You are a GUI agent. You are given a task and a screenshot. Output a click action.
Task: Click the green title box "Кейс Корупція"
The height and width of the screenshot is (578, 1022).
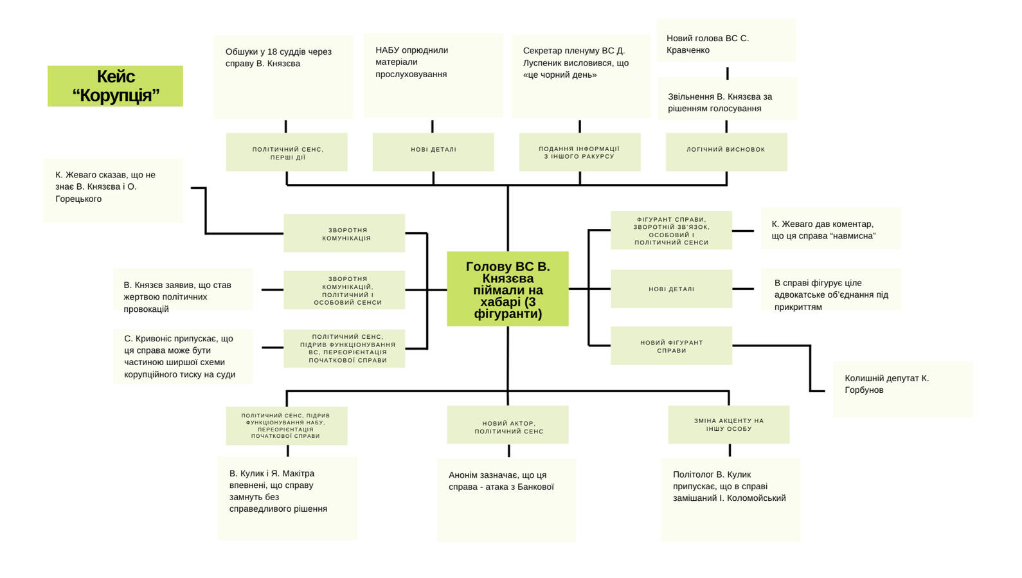point(115,86)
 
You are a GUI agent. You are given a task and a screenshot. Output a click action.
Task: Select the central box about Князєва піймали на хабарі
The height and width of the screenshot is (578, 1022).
point(507,289)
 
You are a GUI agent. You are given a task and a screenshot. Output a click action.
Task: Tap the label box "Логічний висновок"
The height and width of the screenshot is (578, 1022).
point(726,152)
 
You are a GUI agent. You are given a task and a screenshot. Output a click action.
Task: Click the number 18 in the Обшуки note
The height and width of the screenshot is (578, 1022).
point(273,52)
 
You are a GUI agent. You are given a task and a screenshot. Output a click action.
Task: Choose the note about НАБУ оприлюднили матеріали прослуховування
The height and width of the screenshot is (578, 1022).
point(433,75)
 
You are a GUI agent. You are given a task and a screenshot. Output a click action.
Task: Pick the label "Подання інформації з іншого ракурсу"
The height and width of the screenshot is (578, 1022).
point(579,152)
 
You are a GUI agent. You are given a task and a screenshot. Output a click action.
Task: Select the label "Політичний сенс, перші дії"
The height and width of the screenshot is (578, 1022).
point(287,152)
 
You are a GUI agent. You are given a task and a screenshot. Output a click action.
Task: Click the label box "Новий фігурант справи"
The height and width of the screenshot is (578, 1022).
point(671,346)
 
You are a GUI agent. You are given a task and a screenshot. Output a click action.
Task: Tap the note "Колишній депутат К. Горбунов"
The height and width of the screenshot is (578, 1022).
point(902,389)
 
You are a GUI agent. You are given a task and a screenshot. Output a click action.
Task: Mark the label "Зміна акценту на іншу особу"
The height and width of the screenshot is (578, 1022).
point(728,424)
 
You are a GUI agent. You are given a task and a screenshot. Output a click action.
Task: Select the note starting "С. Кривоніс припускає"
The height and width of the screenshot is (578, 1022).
point(183,356)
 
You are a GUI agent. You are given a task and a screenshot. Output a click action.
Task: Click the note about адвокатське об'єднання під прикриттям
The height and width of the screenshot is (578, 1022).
point(831,290)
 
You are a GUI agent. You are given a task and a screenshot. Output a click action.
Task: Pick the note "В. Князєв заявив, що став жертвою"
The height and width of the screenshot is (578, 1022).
point(183,290)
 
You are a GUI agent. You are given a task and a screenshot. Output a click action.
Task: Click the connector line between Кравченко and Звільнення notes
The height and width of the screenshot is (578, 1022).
point(727,72)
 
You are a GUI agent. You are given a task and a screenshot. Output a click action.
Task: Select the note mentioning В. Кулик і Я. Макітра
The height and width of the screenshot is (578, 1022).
point(287,498)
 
